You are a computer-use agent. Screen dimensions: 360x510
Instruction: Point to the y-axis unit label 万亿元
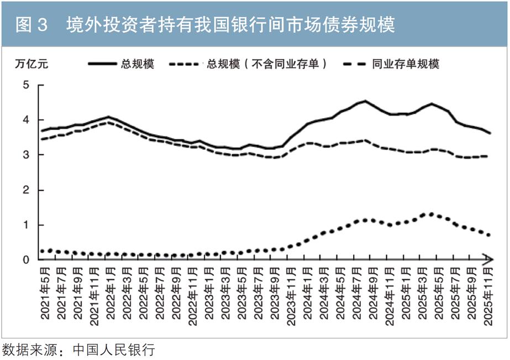pos(31,64)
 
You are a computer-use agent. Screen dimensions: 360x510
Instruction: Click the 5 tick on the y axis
pos(25,85)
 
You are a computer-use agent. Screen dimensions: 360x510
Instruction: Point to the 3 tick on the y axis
pos(25,155)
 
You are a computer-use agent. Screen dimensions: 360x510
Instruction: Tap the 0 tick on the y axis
pos(25,260)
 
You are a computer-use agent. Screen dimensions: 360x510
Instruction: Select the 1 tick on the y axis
pos(25,225)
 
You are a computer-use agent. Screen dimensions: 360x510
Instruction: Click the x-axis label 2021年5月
pos(45,295)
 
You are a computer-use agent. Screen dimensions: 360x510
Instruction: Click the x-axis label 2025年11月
pos(489,295)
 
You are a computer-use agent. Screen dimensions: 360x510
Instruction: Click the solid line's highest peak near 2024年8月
pos(365,101)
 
